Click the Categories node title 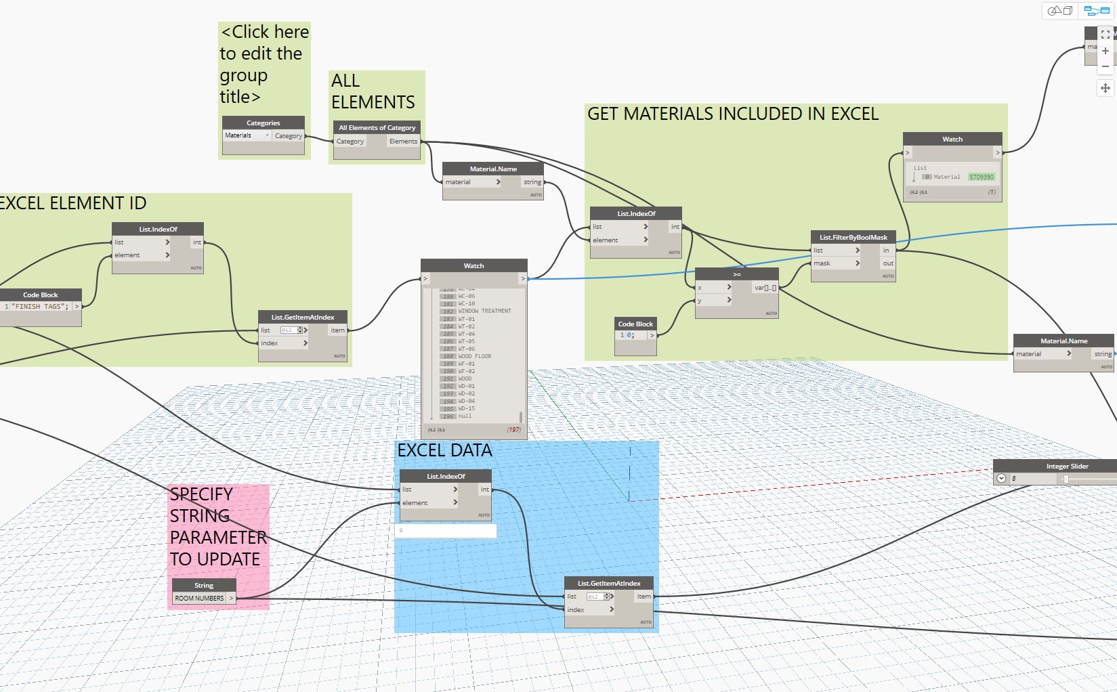[263, 123]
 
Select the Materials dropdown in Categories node [247, 135]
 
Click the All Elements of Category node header [377, 127]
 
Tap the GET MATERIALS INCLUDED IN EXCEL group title [732, 114]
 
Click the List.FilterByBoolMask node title [853, 237]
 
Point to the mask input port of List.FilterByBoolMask [822, 263]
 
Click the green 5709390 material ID [981, 177]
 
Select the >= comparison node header [736, 274]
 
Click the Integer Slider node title [1067, 466]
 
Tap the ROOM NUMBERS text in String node [199, 599]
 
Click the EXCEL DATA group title [444, 451]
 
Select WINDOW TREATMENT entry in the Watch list [484, 311]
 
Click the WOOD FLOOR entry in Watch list [475, 356]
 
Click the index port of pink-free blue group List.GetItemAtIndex [576, 609]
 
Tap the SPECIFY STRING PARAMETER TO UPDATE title [217, 527]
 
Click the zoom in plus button [1105, 51]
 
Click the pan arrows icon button [1105, 88]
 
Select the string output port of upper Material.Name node [532, 182]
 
